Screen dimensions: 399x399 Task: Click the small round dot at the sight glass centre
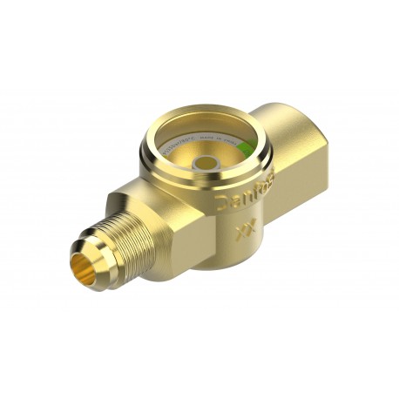tap(206, 163)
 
